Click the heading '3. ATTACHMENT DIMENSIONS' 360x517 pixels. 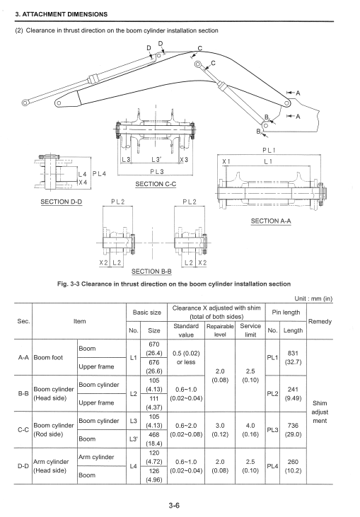(62, 15)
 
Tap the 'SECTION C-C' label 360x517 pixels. (156, 184)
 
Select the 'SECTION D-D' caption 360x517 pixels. (62, 202)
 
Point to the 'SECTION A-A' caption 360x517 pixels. (271, 221)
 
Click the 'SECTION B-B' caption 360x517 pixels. (151, 272)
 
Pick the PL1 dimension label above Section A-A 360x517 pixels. (269, 151)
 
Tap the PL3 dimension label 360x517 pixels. (157, 171)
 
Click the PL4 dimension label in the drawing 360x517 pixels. (100, 174)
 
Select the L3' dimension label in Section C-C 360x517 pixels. (156, 160)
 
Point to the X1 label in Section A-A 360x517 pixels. (226, 161)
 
